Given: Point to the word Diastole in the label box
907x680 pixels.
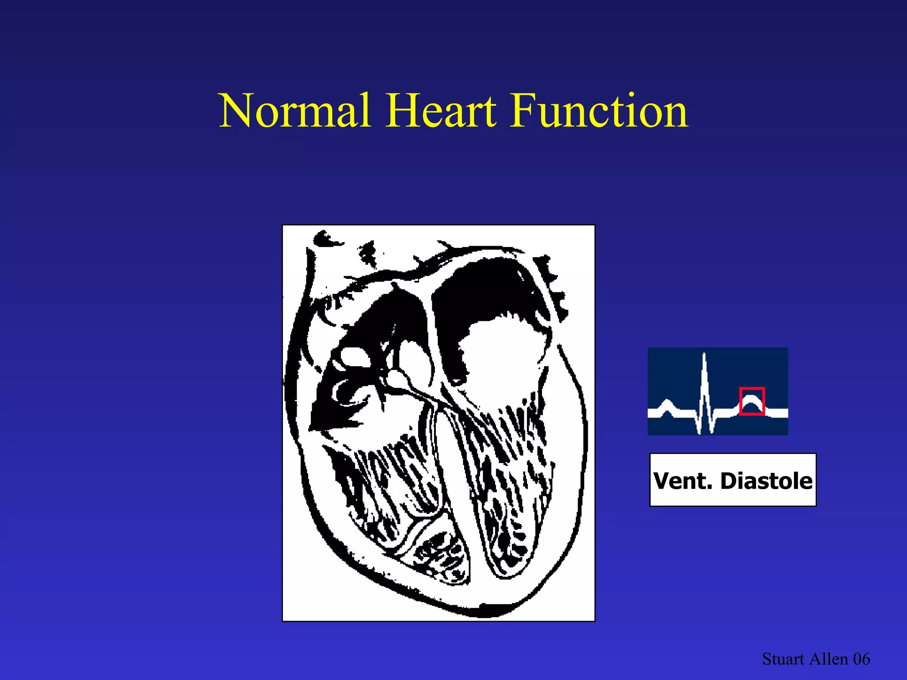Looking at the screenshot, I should click(766, 481).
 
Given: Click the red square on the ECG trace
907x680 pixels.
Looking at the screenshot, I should click(752, 401).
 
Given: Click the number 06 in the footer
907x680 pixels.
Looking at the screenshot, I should click(861, 659).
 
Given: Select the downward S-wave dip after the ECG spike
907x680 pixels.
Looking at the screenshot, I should click(711, 427).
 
